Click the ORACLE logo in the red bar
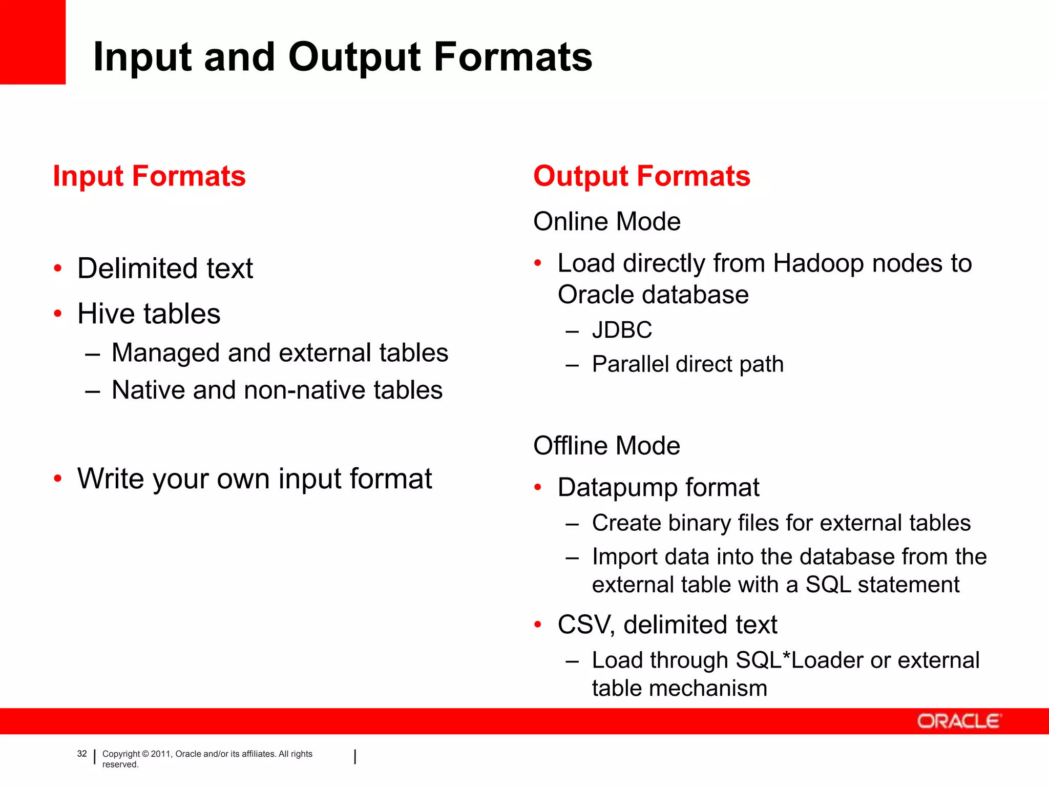click(958, 721)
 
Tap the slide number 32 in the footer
click(82, 754)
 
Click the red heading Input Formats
click(149, 176)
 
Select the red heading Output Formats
click(641, 176)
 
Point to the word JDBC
click(622, 329)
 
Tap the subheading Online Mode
click(606, 221)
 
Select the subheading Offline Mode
click(606, 445)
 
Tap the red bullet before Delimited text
click(58, 268)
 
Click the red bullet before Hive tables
click(58, 313)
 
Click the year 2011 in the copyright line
click(160, 754)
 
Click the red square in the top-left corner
click(32, 41)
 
